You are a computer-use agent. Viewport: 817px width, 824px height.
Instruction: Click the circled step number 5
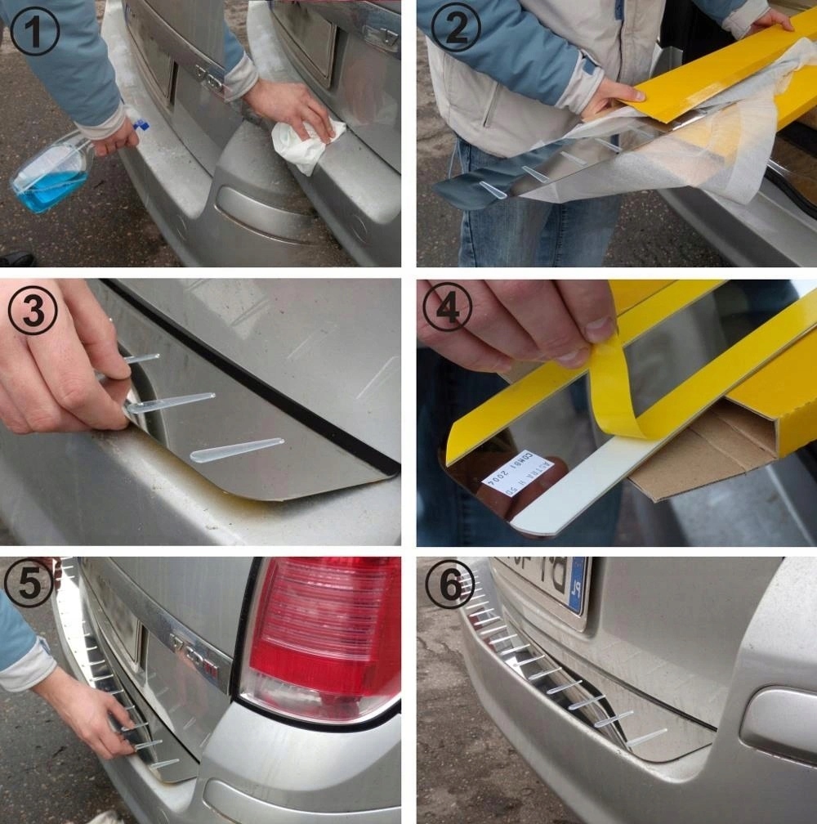tap(29, 583)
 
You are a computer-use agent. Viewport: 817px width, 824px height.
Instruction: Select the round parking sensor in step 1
tap(359, 228)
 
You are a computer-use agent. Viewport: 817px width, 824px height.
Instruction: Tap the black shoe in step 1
tap(16, 259)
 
